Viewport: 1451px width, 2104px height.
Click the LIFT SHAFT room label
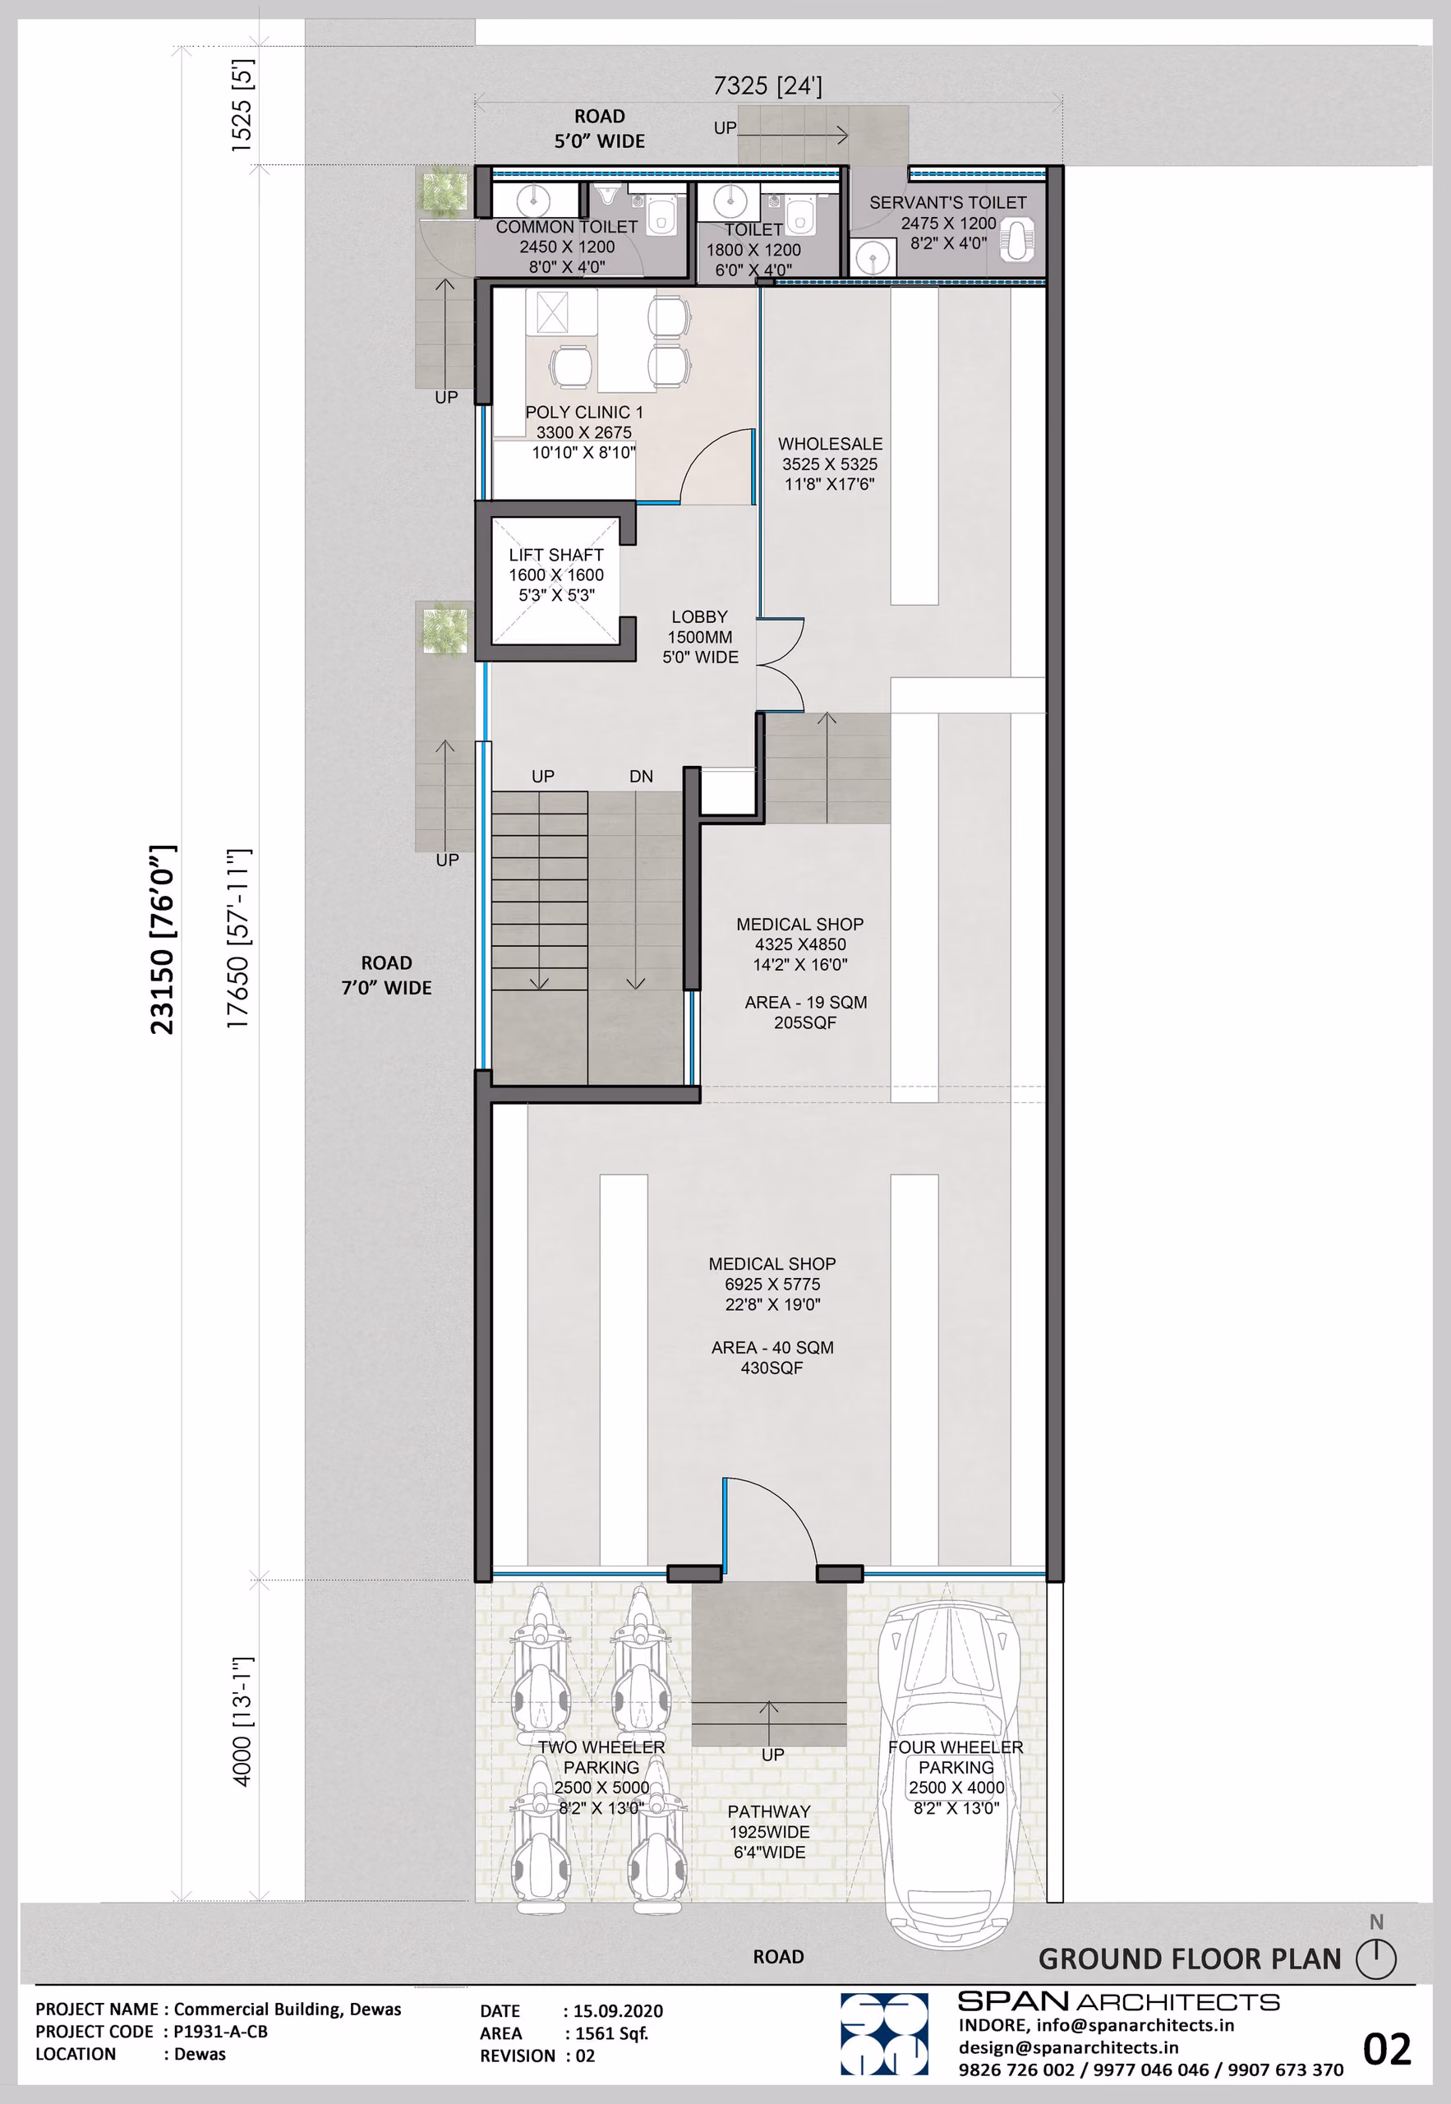click(555, 555)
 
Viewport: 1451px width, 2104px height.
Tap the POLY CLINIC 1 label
click(583, 412)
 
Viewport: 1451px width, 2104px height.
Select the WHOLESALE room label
click(830, 444)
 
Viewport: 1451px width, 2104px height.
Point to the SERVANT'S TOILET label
click(947, 203)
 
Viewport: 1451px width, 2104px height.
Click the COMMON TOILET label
click(566, 226)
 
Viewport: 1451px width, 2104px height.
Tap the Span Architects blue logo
click(884, 2034)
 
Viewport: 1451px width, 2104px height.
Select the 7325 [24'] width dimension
click(767, 85)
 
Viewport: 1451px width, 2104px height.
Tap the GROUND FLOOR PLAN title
click(1189, 1959)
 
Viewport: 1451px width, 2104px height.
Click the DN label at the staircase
click(641, 777)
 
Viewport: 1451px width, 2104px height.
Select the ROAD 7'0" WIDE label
click(386, 975)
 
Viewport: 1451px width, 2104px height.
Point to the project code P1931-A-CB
click(221, 2031)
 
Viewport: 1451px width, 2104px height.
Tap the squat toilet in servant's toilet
click(1016, 239)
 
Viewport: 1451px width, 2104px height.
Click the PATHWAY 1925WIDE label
click(769, 1821)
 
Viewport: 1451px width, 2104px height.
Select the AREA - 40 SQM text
click(772, 1348)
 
